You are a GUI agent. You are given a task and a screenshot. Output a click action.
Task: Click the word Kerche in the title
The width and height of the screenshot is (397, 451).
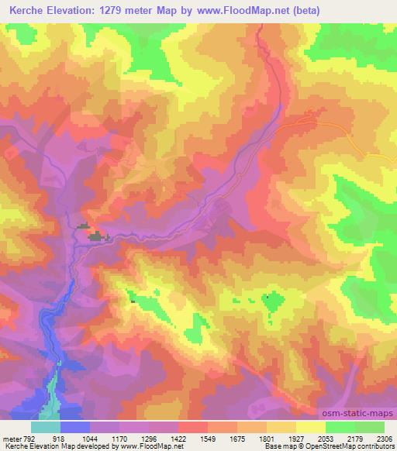click(x=23, y=10)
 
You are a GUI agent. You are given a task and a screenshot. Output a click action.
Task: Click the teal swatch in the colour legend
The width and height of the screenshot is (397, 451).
click(x=46, y=427)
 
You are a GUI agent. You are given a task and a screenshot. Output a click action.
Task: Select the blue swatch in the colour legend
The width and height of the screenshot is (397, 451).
click(x=75, y=427)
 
